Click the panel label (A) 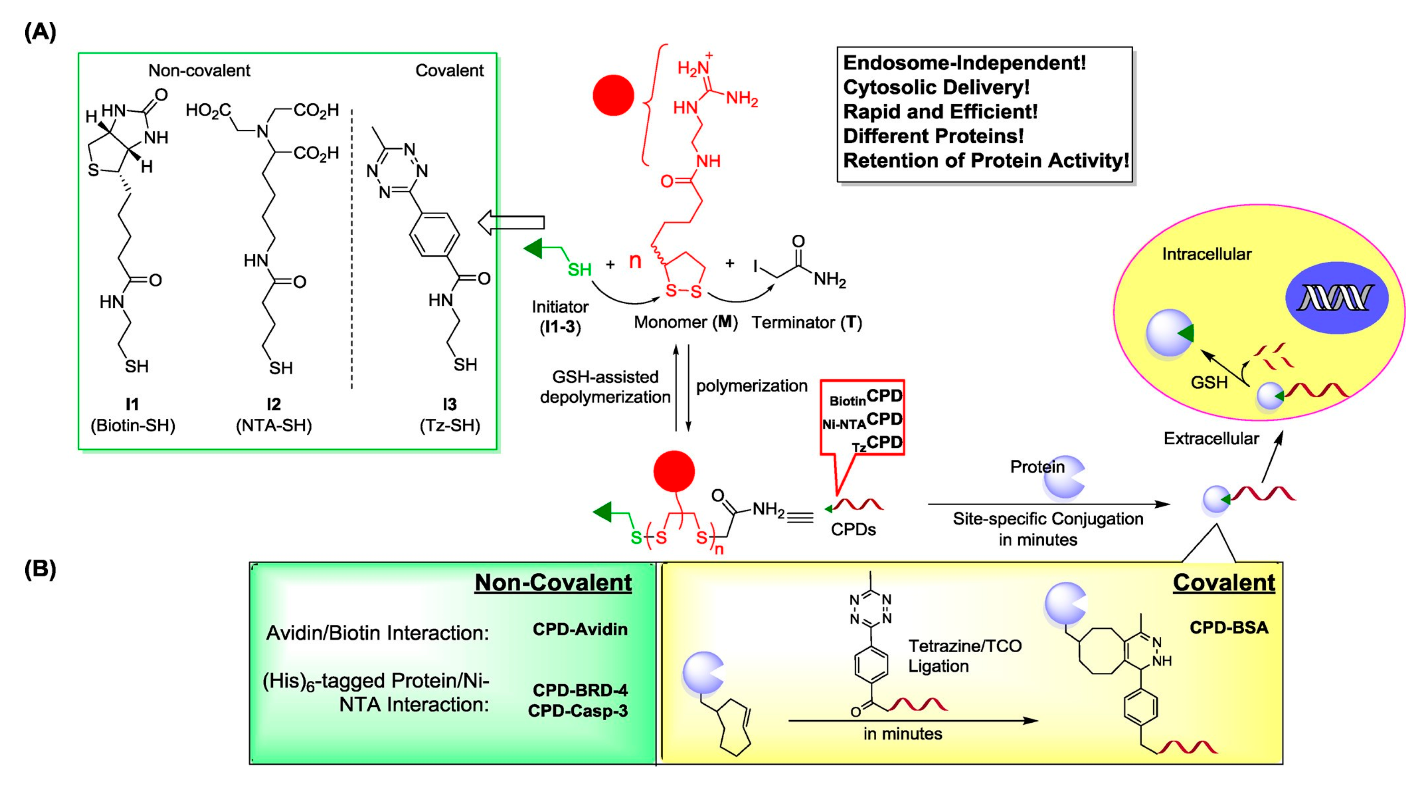tap(40, 32)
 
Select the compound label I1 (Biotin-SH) tap(132, 415)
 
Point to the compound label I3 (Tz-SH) tap(450, 415)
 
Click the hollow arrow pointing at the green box tap(511, 223)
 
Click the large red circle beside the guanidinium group tap(613, 95)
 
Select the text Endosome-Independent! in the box tap(964, 63)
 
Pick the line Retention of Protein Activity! tap(985, 160)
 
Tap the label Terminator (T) tap(807, 323)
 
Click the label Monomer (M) tap(685, 322)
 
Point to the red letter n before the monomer tap(635, 261)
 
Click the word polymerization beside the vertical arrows tap(751, 386)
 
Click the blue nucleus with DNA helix tap(1336, 298)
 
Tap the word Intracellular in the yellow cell tap(1206, 254)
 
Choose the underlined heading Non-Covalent tap(553, 583)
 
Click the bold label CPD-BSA tap(1229, 627)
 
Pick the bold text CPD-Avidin tap(580, 629)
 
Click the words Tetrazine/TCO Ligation tap(964, 656)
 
